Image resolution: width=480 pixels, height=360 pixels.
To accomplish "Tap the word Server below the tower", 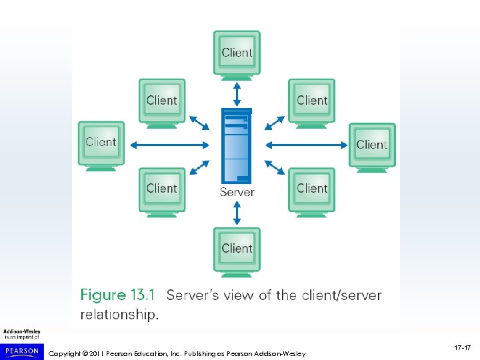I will click(x=237, y=192).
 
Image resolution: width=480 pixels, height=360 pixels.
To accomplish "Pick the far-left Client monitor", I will click(x=101, y=142).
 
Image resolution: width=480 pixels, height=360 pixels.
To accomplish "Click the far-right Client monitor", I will click(x=372, y=144).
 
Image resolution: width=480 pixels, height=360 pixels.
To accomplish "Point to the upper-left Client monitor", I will click(x=162, y=101).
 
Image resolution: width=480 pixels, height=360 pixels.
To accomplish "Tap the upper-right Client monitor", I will click(x=312, y=101).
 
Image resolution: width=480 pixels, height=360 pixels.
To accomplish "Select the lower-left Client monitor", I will click(x=162, y=189).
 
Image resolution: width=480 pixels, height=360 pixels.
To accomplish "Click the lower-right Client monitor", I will click(x=312, y=189).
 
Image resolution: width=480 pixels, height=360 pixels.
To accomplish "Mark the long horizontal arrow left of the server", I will click(x=171, y=145).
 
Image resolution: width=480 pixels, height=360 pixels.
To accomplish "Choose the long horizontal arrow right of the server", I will click(x=306, y=145).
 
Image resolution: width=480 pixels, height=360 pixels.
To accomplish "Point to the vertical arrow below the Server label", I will click(x=237, y=213).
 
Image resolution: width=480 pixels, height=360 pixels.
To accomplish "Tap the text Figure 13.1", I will click(x=117, y=295).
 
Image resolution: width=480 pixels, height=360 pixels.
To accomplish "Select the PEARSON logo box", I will click(x=22, y=351).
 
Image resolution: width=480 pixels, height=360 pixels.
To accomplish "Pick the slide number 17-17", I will click(x=463, y=348).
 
